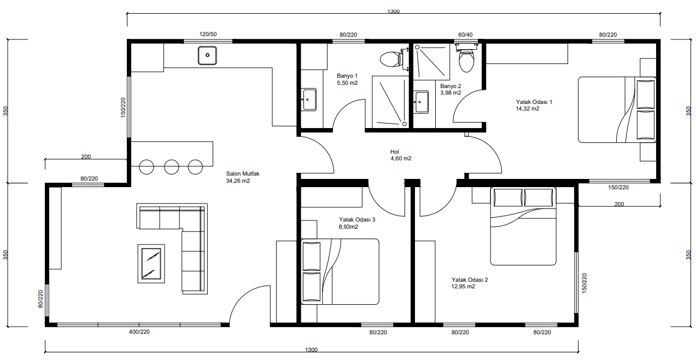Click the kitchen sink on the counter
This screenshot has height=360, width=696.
(207, 55)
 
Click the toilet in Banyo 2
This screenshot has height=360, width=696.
(466, 58)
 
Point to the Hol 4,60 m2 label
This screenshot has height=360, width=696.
(401, 155)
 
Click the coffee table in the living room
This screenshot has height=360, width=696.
(151, 264)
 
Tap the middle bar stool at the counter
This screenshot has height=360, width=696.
(172, 167)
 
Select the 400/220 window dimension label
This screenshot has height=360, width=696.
(139, 332)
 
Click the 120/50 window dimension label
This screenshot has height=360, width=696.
(208, 34)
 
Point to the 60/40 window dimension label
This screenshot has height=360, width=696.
(465, 35)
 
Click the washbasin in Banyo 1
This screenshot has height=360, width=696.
(308, 100)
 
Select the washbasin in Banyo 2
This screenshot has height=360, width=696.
(422, 102)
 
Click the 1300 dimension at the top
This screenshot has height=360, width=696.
(393, 11)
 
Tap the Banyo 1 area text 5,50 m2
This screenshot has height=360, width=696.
(347, 83)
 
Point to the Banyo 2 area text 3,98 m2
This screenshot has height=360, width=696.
(451, 93)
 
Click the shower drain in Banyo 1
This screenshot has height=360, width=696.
(405, 124)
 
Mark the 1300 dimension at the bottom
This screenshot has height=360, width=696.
(311, 350)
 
